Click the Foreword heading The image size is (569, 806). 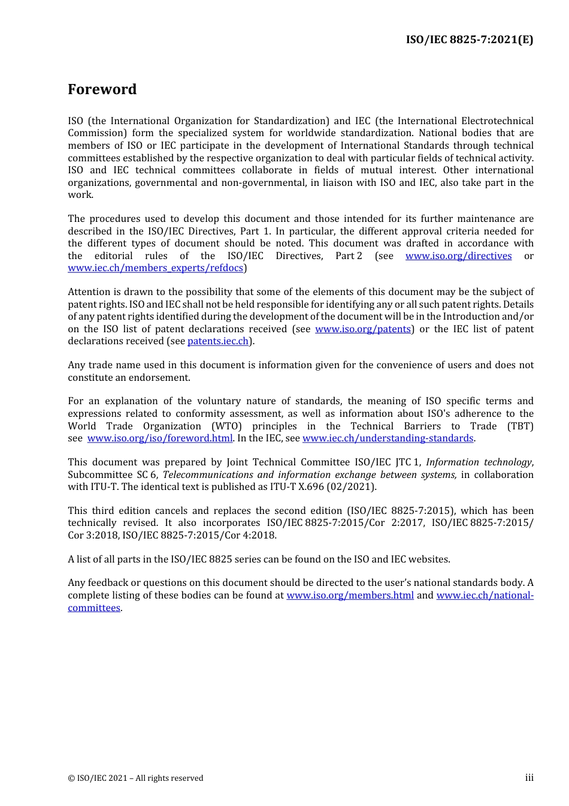(102, 89)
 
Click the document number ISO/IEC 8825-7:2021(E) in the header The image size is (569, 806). (469, 40)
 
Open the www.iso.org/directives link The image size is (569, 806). (458, 256)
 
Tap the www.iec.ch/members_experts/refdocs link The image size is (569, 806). (155, 268)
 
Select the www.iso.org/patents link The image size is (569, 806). (362, 329)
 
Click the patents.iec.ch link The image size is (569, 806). (217, 341)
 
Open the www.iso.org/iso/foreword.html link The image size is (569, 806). (159, 438)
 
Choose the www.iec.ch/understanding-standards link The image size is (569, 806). (388, 438)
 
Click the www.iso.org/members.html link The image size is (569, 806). (350, 596)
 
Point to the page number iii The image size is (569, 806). (529, 778)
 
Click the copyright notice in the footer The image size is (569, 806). (135, 778)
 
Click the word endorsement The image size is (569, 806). (162, 378)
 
